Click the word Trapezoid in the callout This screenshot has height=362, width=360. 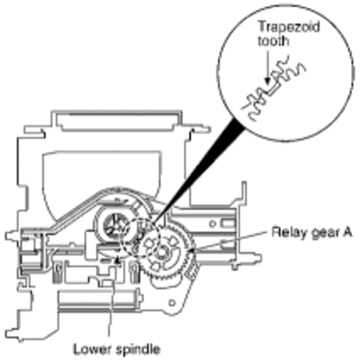tap(289, 27)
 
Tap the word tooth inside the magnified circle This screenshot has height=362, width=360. tap(274, 41)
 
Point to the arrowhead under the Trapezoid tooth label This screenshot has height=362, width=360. tap(266, 81)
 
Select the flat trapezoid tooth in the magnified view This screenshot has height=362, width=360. tap(274, 89)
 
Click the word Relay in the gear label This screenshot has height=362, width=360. tap(286, 232)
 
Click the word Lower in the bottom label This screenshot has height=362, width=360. tap(91, 349)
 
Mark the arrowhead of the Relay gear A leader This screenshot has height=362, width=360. tap(190, 249)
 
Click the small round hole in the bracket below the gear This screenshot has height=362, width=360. tap(172, 303)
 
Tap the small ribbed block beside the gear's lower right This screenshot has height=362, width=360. tap(190, 273)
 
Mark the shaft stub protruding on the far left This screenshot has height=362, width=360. tap(12, 234)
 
